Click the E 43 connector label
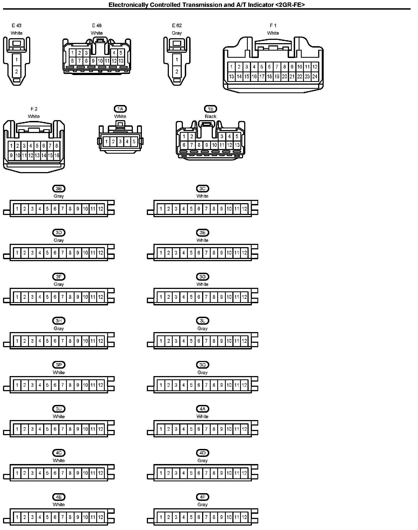click(x=16, y=26)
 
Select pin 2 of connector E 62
click(x=177, y=72)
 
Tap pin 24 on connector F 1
click(x=315, y=77)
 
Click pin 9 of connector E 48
click(x=93, y=61)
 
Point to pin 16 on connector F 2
click(x=57, y=156)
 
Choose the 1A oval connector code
click(x=120, y=109)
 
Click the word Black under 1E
click(x=210, y=116)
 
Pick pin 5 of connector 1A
click(x=134, y=142)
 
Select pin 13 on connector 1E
click(x=237, y=145)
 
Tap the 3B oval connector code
click(x=59, y=189)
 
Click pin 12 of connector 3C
click(x=244, y=209)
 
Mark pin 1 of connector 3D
click(x=17, y=253)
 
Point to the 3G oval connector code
click(x=202, y=277)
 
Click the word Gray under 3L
click(x=202, y=329)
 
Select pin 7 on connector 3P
click(x=63, y=385)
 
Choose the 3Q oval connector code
click(x=202, y=365)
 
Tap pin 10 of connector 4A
click(x=229, y=429)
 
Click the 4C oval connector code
click(x=59, y=453)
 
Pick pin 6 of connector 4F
click(x=199, y=517)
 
